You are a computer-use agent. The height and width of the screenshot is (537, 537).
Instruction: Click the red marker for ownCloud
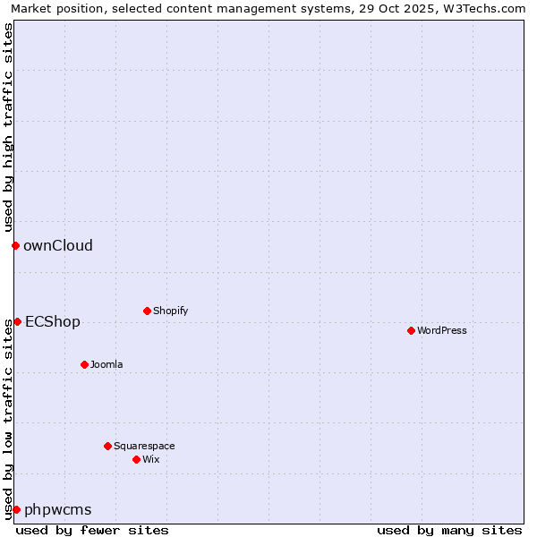click(x=15, y=245)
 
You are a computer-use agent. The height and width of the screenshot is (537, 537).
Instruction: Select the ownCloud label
click(x=58, y=246)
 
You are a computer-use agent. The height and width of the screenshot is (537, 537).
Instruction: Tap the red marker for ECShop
click(x=17, y=321)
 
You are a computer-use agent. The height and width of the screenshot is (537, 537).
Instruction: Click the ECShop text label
click(x=53, y=322)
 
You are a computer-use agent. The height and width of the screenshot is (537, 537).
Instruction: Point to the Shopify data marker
click(x=147, y=311)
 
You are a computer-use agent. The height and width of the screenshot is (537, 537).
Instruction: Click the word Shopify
click(x=170, y=311)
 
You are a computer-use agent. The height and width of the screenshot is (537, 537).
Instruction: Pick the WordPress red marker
click(x=411, y=330)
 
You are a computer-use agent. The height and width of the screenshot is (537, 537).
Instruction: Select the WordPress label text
click(x=441, y=331)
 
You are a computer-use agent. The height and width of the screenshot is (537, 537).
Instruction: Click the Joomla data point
click(x=84, y=364)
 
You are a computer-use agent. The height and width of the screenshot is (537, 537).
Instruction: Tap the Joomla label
click(x=107, y=365)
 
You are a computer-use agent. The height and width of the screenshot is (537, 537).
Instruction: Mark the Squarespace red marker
click(x=107, y=446)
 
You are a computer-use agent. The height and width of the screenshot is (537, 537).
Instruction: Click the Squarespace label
click(x=144, y=447)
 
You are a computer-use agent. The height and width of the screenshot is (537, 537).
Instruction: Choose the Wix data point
click(x=136, y=459)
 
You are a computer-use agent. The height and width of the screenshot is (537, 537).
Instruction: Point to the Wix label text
click(x=150, y=460)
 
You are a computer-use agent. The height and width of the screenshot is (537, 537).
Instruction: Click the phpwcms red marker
click(x=16, y=509)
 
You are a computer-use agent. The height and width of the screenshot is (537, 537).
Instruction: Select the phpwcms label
click(x=58, y=510)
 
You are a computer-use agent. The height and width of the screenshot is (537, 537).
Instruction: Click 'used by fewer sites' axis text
click(x=92, y=530)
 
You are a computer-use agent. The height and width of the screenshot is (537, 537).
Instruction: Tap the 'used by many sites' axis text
click(x=449, y=530)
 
